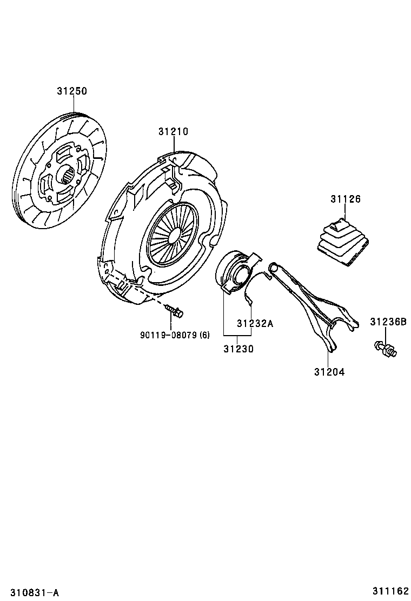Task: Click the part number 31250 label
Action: (x=72, y=91)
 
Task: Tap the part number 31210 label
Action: (x=173, y=131)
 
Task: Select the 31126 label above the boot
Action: (x=346, y=199)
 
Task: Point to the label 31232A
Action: (x=255, y=324)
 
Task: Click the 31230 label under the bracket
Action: (x=238, y=349)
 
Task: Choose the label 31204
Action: (x=329, y=372)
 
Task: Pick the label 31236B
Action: (x=388, y=322)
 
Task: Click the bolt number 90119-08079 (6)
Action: (x=175, y=335)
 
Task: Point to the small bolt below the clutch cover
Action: (x=175, y=311)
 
